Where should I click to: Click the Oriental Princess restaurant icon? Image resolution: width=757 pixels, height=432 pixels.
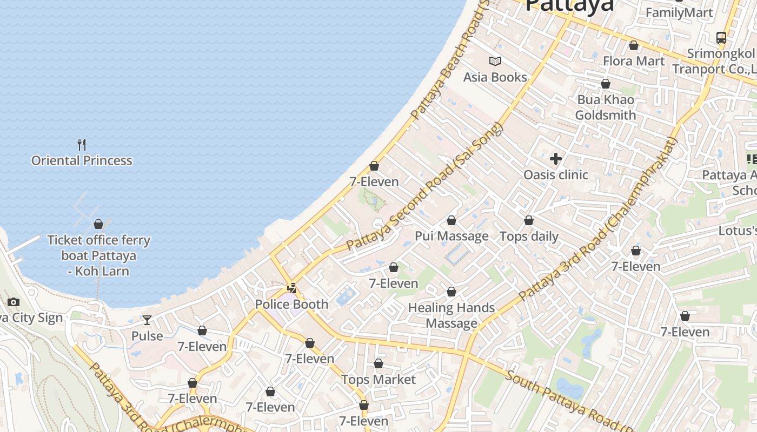point(82,144)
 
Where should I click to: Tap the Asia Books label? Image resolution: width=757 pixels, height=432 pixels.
point(495,77)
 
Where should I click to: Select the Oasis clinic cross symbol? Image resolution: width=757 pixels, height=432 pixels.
point(555,159)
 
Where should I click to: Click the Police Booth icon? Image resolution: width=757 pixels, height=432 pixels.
point(292,288)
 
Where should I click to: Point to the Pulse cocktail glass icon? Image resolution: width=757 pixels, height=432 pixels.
point(147,320)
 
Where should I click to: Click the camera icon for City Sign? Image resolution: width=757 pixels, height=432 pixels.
point(14,302)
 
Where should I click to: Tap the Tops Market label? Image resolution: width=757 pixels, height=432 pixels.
point(378,380)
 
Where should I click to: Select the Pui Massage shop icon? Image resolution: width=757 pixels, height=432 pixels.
point(451,220)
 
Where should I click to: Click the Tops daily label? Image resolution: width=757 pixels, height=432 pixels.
point(529,237)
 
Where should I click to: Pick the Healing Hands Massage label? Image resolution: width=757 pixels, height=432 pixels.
point(451,315)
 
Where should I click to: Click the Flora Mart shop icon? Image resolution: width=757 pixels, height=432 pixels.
point(633,45)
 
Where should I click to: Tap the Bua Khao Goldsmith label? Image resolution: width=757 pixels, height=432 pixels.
point(605,107)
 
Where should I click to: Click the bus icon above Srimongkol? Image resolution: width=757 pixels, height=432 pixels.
point(721,37)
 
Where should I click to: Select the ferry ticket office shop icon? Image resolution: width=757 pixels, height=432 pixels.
point(98,224)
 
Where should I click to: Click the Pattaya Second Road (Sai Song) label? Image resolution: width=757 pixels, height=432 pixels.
point(425,187)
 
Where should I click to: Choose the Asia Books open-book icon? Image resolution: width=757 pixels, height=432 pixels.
point(495,61)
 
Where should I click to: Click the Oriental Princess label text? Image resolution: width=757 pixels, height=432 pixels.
point(82,160)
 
